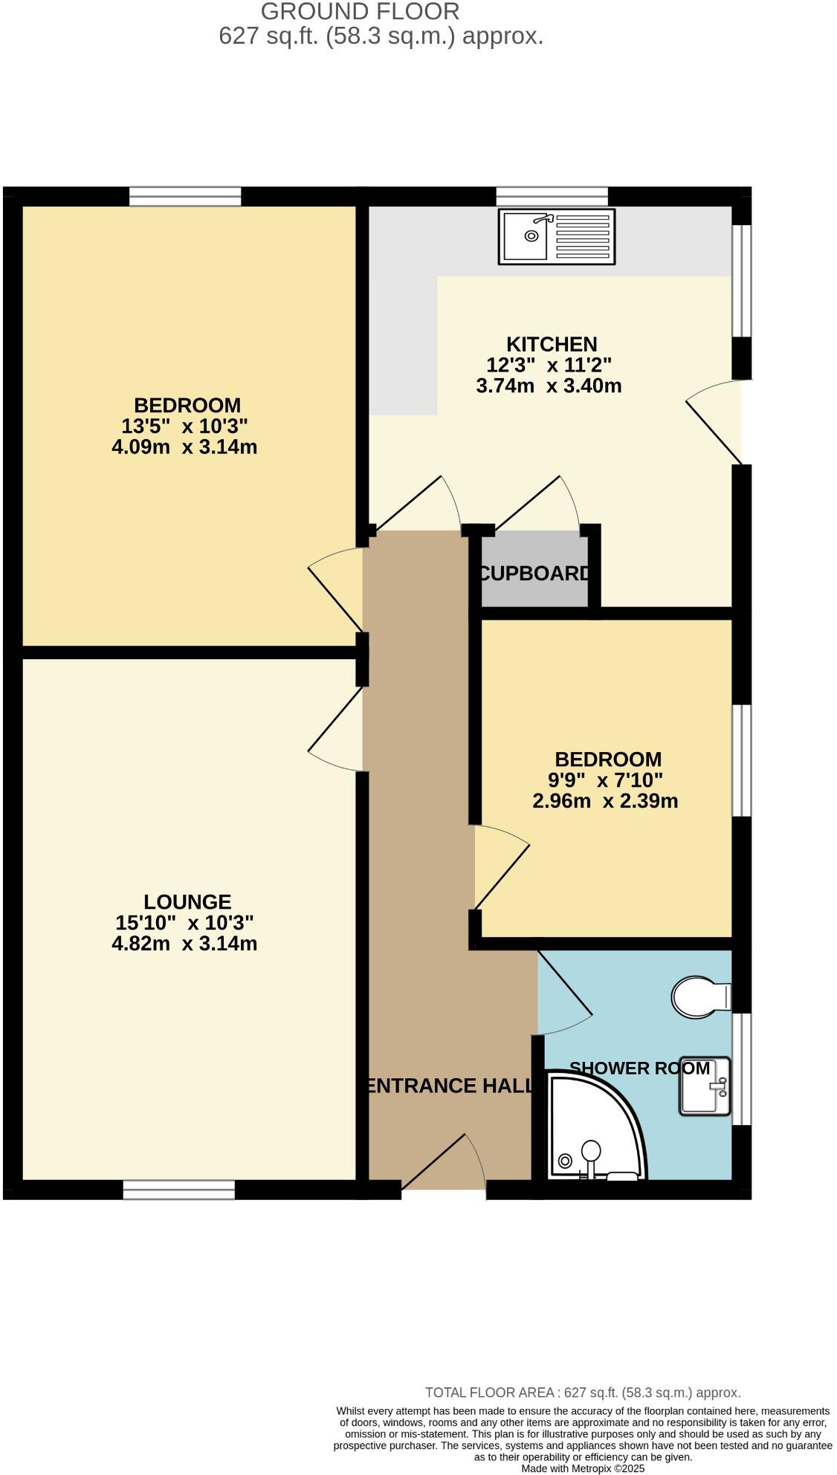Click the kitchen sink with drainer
tap(557, 237)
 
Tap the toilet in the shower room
tap(699, 996)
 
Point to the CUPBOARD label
tap(535, 574)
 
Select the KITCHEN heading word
tap(552, 344)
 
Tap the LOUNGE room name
tap(187, 901)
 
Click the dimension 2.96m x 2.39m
tap(605, 801)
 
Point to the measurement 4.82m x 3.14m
tap(184, 944)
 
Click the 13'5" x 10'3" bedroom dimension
tap(184, 426)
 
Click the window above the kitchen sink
tap(552, 196)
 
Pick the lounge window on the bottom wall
tap(178, 1190)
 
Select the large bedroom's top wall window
tap(185, 196)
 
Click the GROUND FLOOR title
tap(360, 12)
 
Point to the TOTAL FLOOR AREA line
tap(583, 1393)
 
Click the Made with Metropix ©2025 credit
tap(583, 1468)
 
